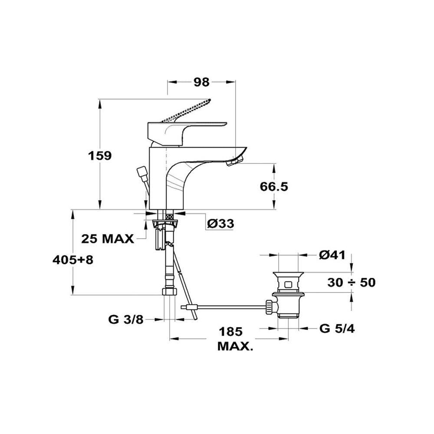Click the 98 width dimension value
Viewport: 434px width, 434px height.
click(201, 82)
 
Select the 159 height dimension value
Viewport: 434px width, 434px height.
click(100, 155)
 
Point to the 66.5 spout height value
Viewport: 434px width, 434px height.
click(274, 187)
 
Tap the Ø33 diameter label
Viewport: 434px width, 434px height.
click(220, 224)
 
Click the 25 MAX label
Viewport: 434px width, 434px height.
click(107, 239)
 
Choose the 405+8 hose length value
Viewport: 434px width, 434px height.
click(73, 260)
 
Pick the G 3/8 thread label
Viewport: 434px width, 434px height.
click(126, 320)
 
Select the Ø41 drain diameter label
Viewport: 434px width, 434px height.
click(332, 255)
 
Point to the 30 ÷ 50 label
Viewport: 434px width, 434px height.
click(351, 283)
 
